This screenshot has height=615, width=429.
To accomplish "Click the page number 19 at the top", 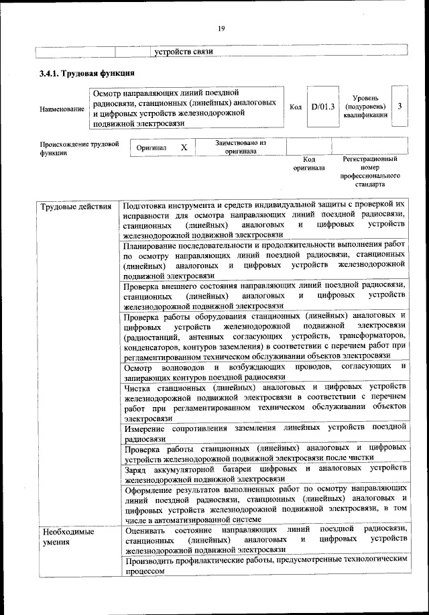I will (x=220, y=28).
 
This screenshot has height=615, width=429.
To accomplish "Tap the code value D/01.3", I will (x=322, y=106).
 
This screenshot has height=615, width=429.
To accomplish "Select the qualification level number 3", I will (x=400, y=106).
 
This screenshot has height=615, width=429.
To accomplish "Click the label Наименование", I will (x=62, y=109).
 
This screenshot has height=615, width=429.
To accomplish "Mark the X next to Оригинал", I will (x=184, y=147).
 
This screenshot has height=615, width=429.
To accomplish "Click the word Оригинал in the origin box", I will (x=151, y=147).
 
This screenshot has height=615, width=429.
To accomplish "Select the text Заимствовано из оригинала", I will (x=241, y=147).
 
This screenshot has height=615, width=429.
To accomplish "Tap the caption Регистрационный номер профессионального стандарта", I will (x=369, y=171).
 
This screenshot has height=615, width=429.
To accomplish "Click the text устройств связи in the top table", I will (x=184, y=52).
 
